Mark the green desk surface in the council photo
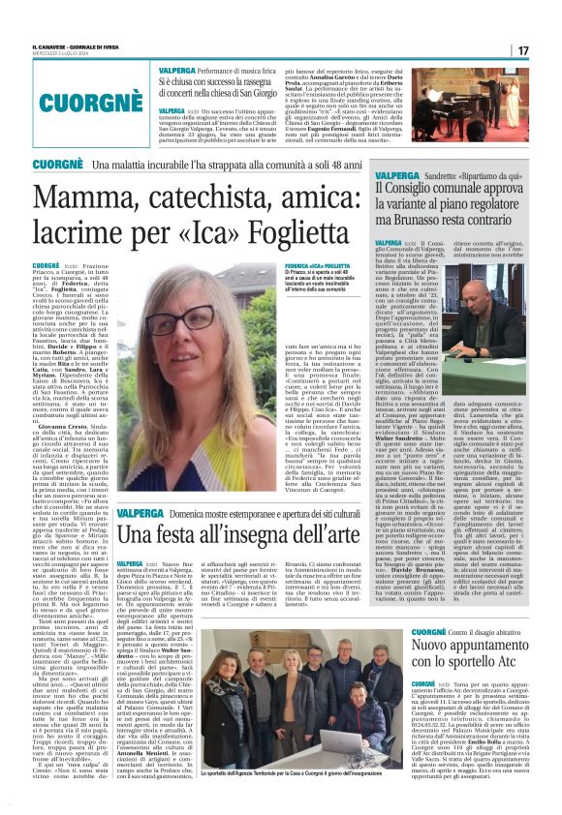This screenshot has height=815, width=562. (x=465, y=341)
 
